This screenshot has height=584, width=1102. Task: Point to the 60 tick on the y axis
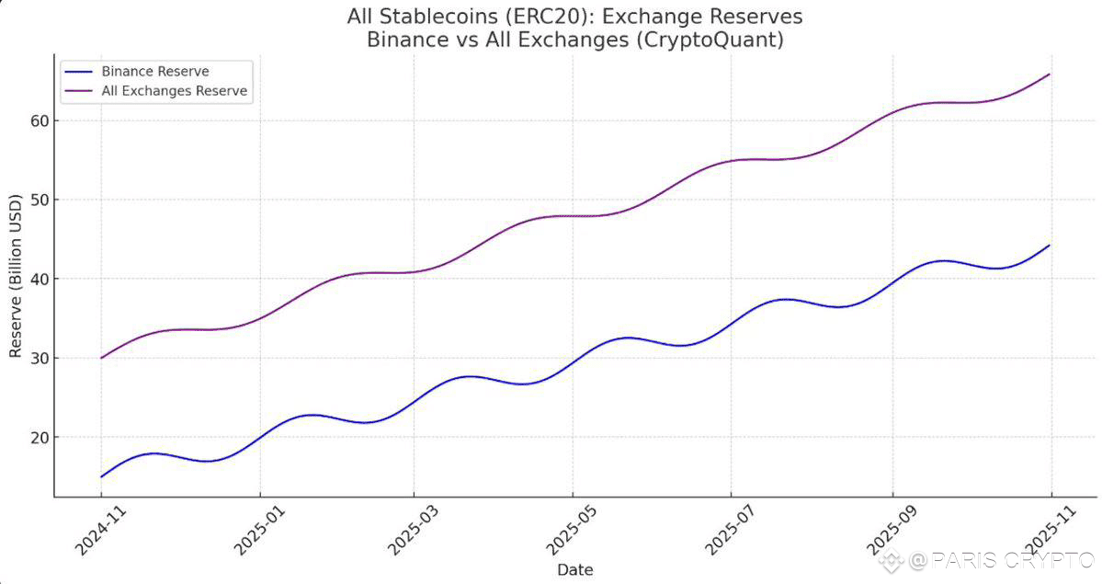[40, 121]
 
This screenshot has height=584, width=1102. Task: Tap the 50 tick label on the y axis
[40, 200]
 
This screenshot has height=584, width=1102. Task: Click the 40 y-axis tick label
[40, 280]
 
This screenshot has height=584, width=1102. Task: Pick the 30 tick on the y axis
[40, 358]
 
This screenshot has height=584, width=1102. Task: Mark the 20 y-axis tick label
[40, 438]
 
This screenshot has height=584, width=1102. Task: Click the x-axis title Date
[574, 570]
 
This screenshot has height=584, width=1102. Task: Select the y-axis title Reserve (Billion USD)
[16, 276]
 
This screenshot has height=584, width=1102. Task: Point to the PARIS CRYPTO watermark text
[1002, 561]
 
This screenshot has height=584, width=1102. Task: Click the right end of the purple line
[1050, 74]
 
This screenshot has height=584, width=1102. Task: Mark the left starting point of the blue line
[101, 477]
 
